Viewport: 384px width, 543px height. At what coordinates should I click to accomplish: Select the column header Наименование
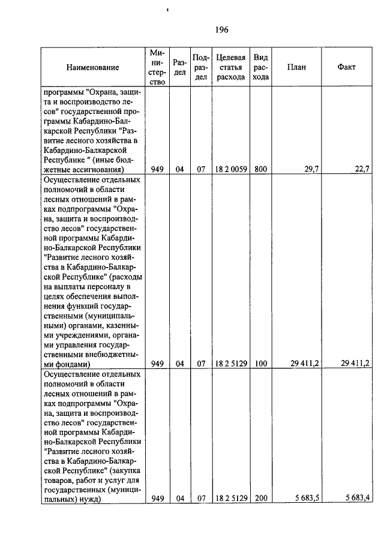(x=92, y=67)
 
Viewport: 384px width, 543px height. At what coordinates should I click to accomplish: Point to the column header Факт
(x=346, y=67)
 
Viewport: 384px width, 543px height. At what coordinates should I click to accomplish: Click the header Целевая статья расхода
(x=230, y=67)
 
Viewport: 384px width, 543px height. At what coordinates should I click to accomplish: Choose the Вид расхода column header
(x=260, y=67)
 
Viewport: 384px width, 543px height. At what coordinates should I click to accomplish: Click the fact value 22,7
(x=362, y=170)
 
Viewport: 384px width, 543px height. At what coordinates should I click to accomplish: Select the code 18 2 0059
(x=230, y=170)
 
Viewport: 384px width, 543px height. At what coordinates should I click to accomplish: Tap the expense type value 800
(x=260, y=170)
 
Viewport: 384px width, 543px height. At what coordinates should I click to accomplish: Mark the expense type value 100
(x=260, y=363)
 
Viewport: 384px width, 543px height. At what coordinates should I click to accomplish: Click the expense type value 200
(x=260, y=498)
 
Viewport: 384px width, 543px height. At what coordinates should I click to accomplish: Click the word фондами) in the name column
(x=73, y=363)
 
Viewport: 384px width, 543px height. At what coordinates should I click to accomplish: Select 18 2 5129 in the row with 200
(x=230, y=498)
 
